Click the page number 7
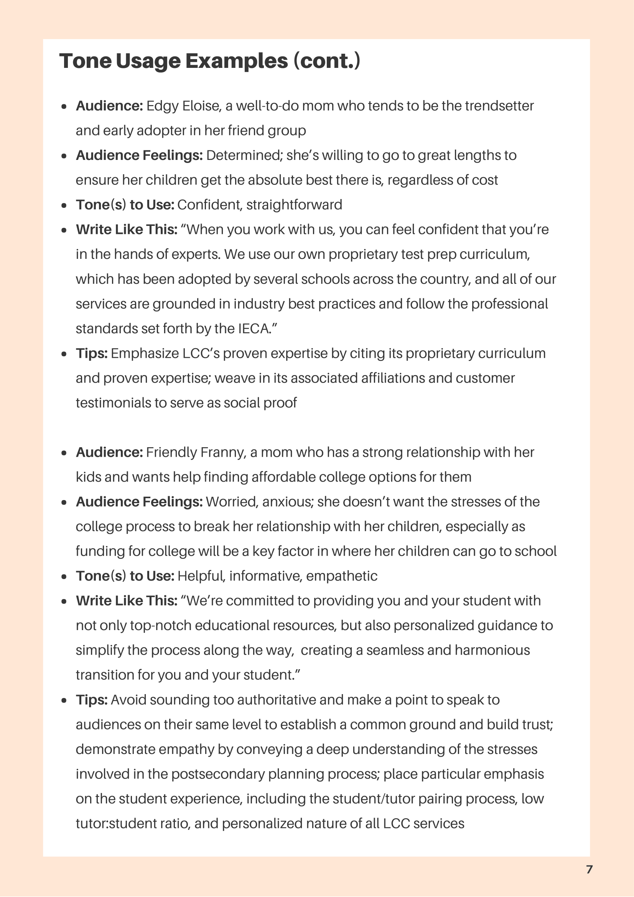point(590,869)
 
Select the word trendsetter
point(499,106)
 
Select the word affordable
point(278,477)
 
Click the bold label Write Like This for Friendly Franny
point(127,601)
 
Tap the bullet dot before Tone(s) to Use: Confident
point(64,206)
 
